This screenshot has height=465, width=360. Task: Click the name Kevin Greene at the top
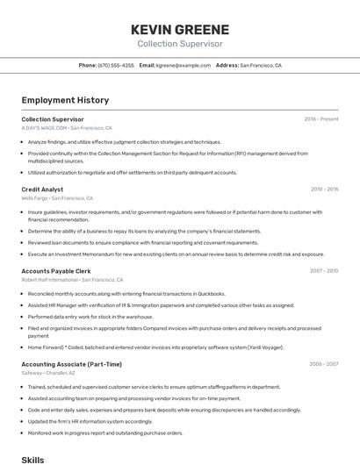coord(179,29)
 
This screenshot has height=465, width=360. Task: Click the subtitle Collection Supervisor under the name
coord(179,44)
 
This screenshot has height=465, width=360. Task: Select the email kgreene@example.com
coord(184,65)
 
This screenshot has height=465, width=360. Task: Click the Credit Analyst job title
coord(42,189)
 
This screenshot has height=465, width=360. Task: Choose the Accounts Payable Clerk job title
coord(56,271)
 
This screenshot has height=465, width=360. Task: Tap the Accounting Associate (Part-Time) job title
coord(71,364)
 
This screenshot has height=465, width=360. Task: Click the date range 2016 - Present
coord(320,119)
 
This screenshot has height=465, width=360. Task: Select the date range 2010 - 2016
coord(324,189)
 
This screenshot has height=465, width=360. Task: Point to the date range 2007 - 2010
coord(324,271)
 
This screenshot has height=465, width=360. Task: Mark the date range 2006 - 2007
coord(324,364)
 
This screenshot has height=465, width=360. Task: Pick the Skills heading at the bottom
coord(32,459)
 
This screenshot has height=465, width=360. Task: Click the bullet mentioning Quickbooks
coord(126,294)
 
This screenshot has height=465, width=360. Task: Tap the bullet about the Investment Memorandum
coord(176,254)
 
